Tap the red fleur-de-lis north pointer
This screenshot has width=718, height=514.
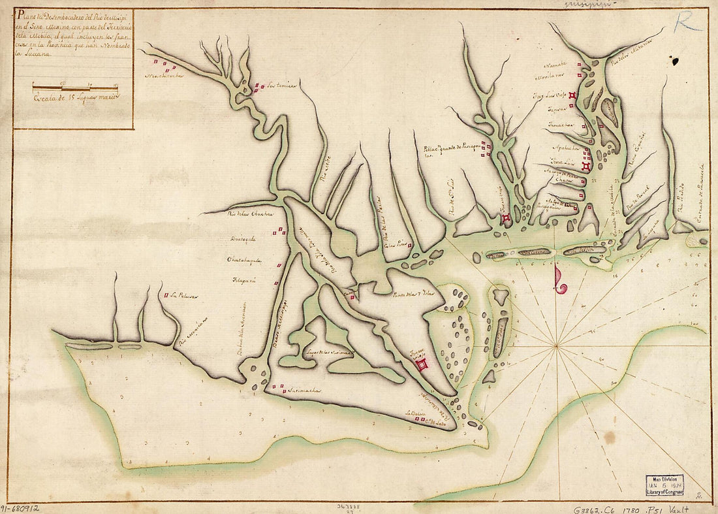[x=559, y=280]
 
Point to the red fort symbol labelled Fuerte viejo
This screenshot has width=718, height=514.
[x=423, y=364]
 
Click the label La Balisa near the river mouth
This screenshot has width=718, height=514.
[x=415, y=413]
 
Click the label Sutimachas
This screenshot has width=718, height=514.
[x=303, y=391]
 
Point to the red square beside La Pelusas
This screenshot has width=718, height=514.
[x=166, y=295]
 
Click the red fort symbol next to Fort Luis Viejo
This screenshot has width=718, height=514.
[x=572, y=96]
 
